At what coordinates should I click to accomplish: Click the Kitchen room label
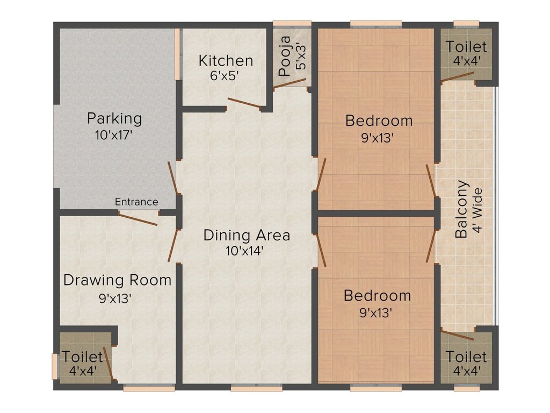point(226,60)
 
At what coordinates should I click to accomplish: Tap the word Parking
point(114,118)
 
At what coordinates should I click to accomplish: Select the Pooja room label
point(285,56)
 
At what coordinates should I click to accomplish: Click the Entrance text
point(136,202)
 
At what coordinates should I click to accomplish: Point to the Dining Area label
point(247,235)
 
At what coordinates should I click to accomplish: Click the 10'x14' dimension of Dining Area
point(244,251)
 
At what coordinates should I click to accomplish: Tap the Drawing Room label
point(117,280)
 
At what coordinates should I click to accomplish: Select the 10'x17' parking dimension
point(114,135)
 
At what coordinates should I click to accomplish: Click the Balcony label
point(461,209)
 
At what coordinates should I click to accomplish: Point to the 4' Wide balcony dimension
point(477,210)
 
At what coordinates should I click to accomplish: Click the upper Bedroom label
point(379,120)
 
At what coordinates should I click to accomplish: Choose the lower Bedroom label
point(377,295)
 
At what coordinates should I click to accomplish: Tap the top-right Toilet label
point(466,47)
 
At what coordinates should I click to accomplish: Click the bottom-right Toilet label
point(466,357)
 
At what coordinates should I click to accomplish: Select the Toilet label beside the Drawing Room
point(82,357)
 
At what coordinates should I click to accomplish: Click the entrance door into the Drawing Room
point(138,218)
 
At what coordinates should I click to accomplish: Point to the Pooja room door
point(290,83)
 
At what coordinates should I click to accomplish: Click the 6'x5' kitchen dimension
point(225,75)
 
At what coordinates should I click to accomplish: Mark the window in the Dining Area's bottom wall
point(257,388)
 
